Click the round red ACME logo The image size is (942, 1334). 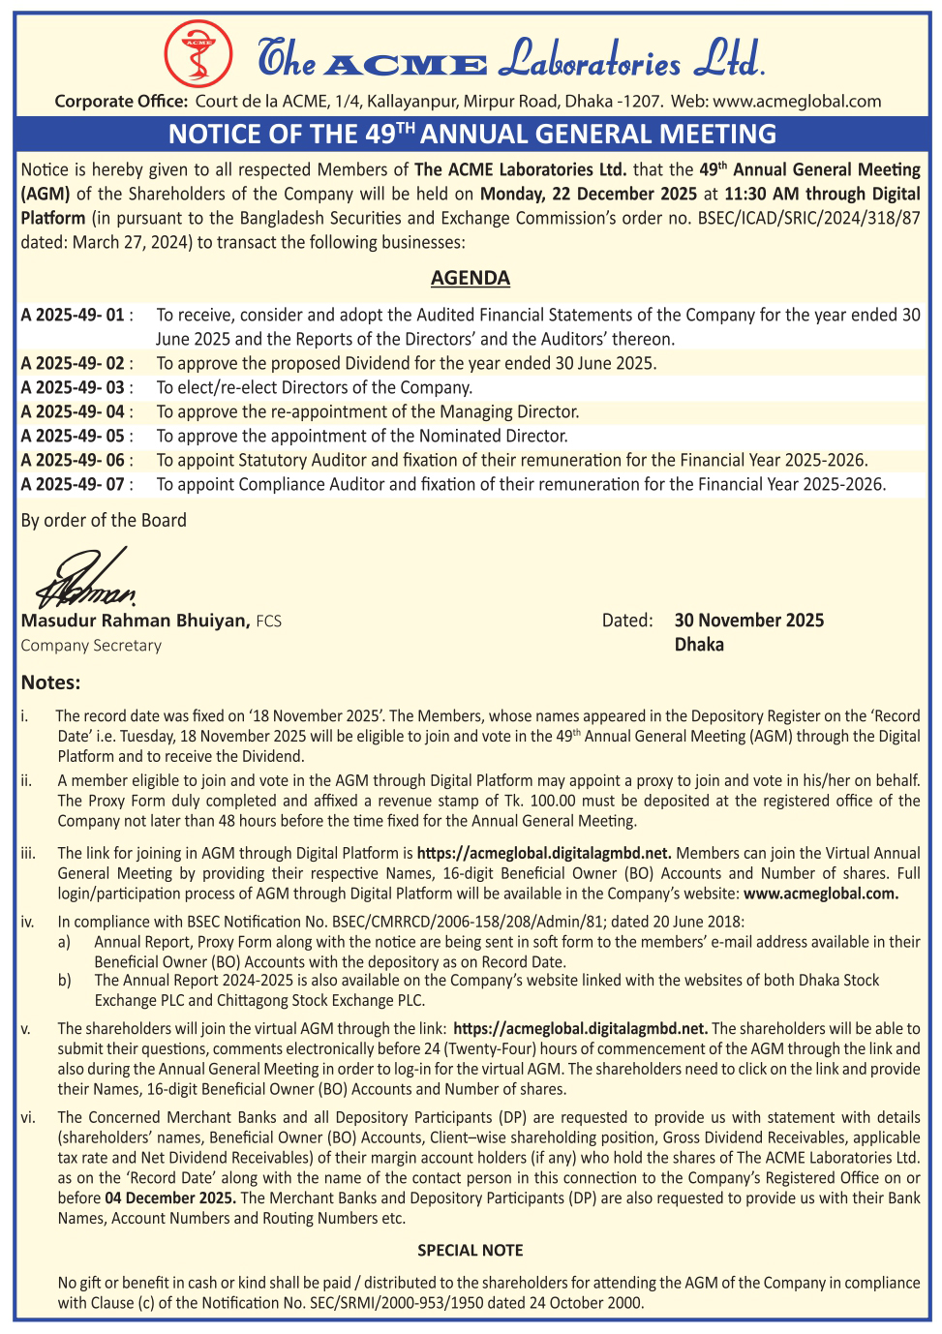(x=198, y=52)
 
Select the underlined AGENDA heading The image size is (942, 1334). (x=471, y=279)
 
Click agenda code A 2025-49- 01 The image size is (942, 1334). (x=74, y=316)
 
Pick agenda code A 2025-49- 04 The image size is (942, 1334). (x=74, y=412)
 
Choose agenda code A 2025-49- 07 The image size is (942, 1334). (x=74, y=485)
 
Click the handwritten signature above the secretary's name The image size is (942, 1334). (x=87, y=578)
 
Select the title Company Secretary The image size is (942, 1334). (x=91, y=646)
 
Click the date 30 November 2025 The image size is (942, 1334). (x=749, y=621)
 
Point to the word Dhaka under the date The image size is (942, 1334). (x=699, y=646)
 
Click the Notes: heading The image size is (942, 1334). (x=50, y=682)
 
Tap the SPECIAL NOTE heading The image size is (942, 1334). (x=471, y=1251)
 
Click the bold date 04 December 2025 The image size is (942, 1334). (x=169, y=1198)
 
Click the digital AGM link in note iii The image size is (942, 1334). (x=544, y=854)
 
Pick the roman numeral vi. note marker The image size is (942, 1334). (x=28, y=1118)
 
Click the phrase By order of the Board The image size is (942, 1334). (x=104, y=521)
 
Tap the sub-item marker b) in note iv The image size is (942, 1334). (x=64, y=981)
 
